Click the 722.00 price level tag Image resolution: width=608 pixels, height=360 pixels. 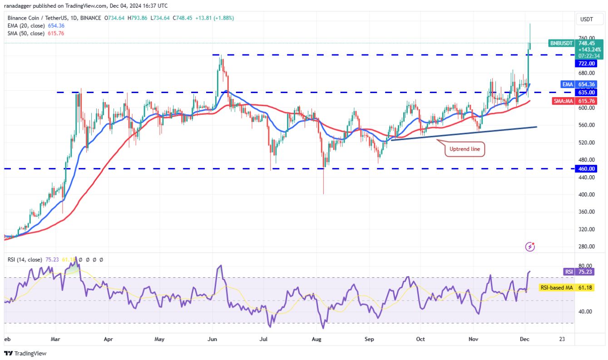[x=585, y=64]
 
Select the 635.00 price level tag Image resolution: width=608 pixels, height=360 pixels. [x=585, y=92]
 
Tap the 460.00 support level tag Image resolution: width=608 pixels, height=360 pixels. [x=585, y=169]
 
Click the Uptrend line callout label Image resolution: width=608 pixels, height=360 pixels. [x=465, y=149]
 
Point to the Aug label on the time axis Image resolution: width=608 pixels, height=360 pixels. [x=317, y=339]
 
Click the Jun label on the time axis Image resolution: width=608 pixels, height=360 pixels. [x=212, y=339]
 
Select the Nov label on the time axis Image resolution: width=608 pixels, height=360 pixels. [x=474, y=339]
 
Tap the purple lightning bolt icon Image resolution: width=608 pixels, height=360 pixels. [x=530, y=247]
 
